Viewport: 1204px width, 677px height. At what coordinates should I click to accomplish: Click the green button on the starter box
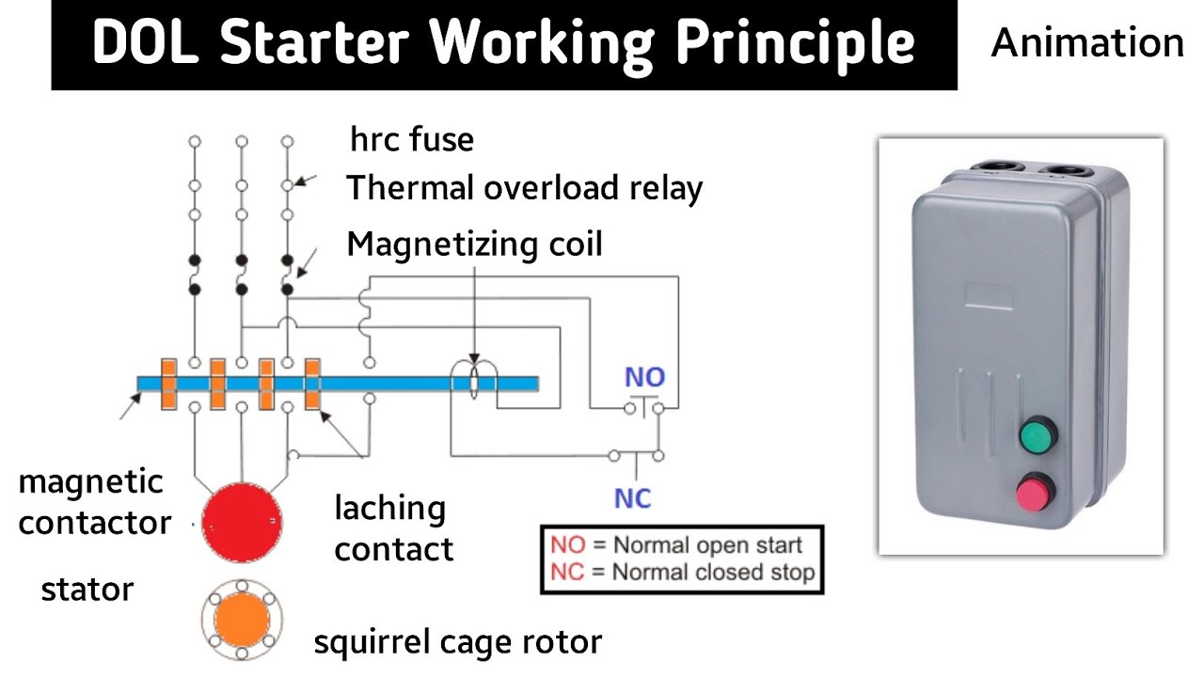pos(1038,436)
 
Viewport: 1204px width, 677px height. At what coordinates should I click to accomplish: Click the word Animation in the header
pos(1087,43)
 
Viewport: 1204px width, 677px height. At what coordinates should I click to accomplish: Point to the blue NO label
pos(644,378)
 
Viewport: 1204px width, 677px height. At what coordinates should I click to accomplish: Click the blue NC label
pos(633,497)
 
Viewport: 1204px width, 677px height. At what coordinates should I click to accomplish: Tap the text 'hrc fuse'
pos(412,140)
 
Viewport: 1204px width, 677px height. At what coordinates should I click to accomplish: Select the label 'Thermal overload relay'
pos(524,189)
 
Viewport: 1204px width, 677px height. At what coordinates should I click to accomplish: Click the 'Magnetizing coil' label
pos(474,244)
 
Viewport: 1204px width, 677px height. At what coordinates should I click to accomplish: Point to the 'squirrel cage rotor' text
pos(457,642)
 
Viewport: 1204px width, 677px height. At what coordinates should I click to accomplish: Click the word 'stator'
pos(87,590)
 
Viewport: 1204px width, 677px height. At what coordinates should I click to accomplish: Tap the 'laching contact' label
pos(392,527)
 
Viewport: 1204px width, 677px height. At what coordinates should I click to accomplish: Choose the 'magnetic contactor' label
pos(94,502)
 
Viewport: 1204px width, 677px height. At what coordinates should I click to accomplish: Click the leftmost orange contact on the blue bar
pos(169,384)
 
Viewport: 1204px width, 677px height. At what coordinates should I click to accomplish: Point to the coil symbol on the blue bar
pos(475,383)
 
